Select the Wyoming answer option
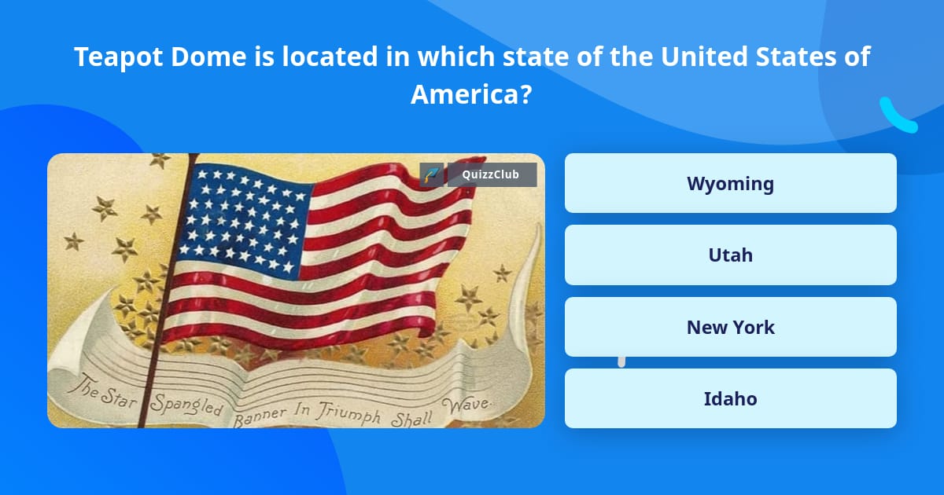730,183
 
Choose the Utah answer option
730,255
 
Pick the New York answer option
730,327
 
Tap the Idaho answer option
730,398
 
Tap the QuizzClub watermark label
491,174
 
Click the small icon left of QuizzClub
432,174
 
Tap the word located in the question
335,57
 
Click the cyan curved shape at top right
898,116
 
